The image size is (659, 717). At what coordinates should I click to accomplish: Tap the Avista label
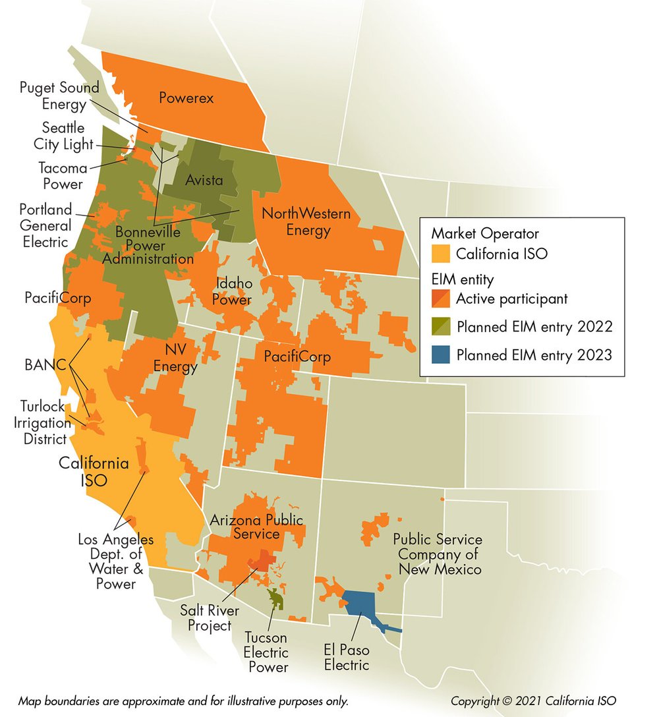203,180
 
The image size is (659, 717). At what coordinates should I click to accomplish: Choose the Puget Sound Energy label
59,96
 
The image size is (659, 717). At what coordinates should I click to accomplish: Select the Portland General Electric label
45,225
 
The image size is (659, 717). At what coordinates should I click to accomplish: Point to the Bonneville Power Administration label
148,245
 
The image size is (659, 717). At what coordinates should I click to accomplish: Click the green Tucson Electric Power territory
275,598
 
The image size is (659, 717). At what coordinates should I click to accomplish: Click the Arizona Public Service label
256,527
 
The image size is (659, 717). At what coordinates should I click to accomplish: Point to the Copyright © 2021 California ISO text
533,701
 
